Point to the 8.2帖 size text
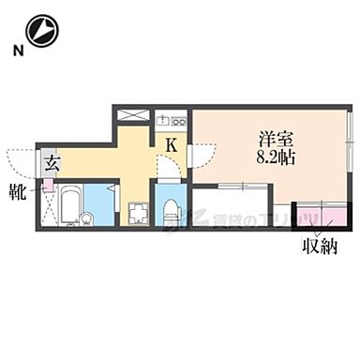point(276,158)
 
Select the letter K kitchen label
point(172,145)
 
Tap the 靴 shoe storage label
point(19,193)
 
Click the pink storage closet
point(320,217)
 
